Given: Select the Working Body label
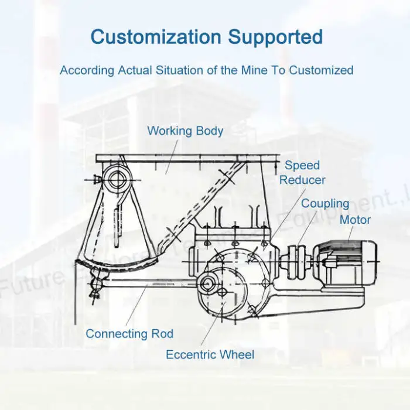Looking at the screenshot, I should click(185, 131).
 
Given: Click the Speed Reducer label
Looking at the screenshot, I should click(302, 173).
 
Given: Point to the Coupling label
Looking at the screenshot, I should click(325, 204).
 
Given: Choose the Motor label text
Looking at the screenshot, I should click(355, 220).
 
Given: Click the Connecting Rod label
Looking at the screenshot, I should click(129, 334).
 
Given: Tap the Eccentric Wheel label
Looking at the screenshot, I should click(210, 354).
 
